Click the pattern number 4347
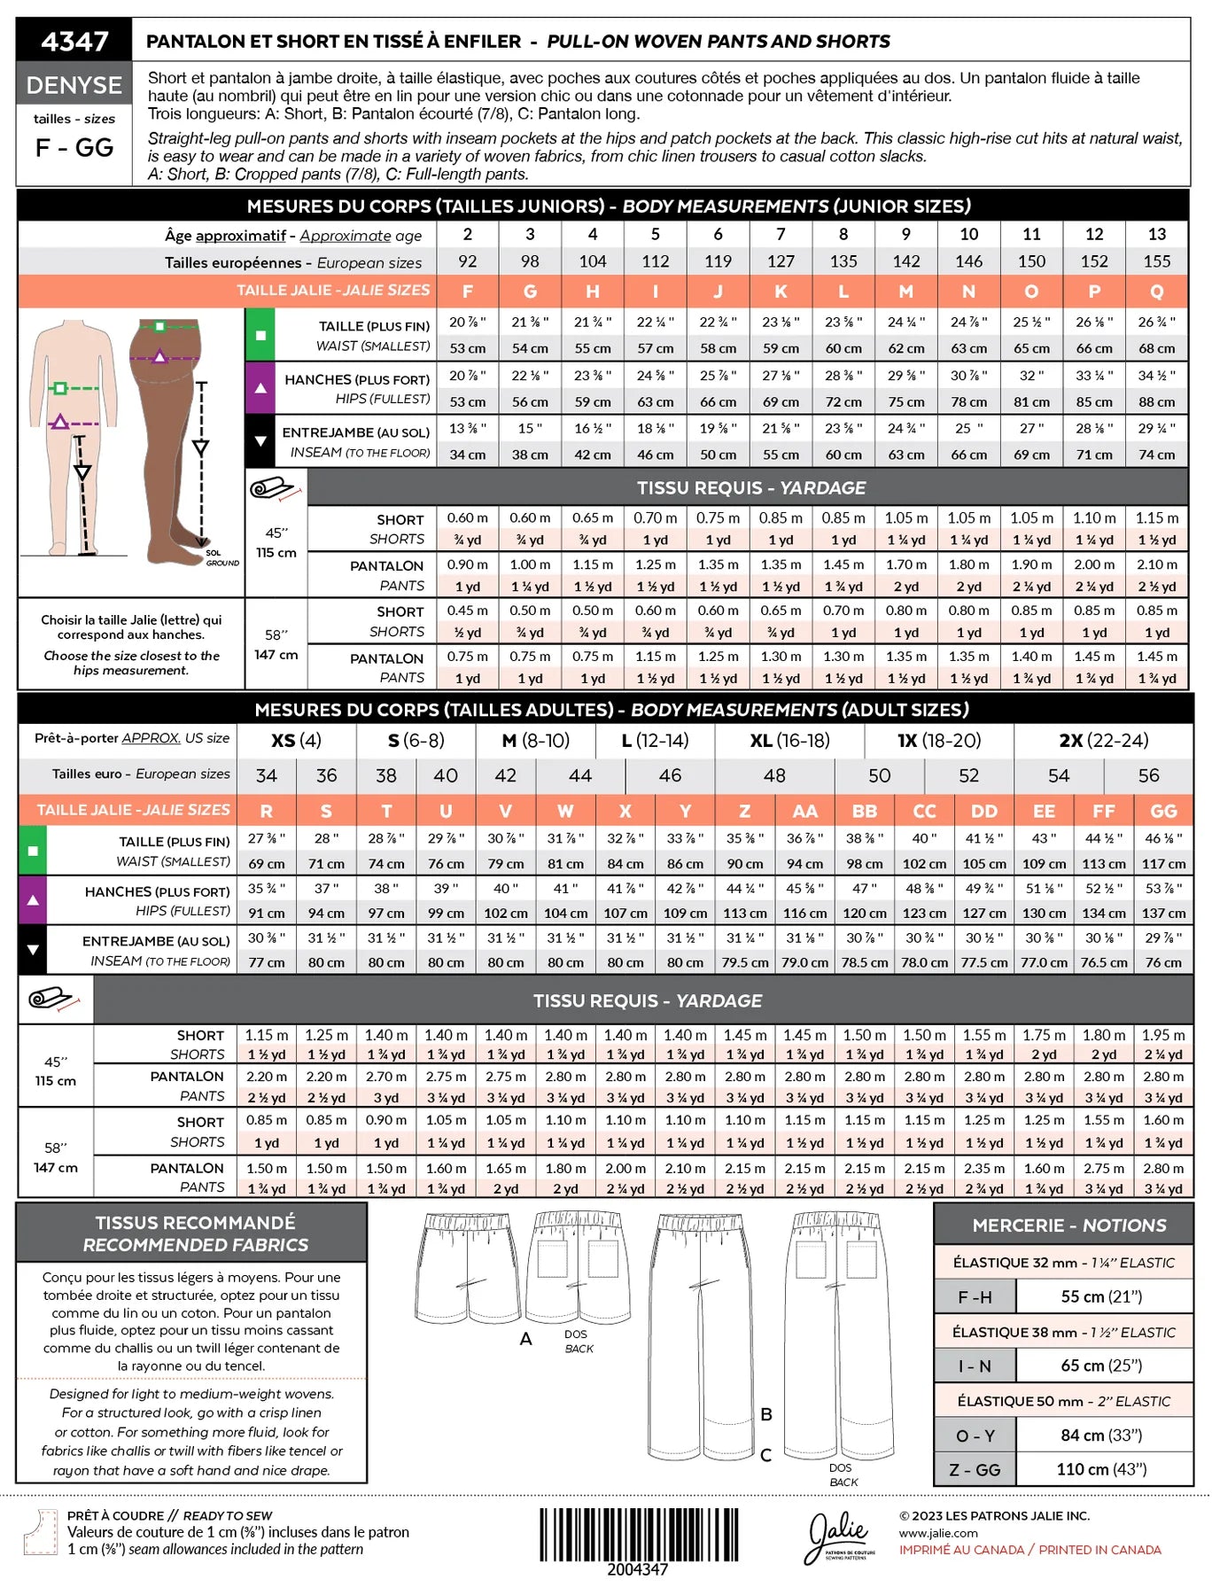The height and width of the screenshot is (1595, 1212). [74, 41]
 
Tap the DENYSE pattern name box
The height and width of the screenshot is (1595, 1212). [74, 85]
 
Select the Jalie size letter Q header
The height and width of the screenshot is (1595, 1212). [1156, 291]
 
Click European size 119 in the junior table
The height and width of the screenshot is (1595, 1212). [718, 261]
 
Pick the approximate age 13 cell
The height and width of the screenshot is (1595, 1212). [1156, 234]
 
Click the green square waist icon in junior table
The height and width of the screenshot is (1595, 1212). [260, 335]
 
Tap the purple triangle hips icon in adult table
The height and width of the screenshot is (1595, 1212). [33, 899]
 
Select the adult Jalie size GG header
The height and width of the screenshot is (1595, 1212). [1162, 811]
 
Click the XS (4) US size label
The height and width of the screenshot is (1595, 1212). [296, 740]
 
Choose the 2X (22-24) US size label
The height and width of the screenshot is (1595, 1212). [1103, 740]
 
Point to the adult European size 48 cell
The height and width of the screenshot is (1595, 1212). [773, 775]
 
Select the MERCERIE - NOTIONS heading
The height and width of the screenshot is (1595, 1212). [1068, 1225]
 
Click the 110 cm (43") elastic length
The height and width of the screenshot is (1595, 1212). [1101, 1469]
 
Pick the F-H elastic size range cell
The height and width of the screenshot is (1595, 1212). [975, 1297]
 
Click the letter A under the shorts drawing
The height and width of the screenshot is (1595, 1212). [525, 1339]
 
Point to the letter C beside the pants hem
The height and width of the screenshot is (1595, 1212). [765, 1454]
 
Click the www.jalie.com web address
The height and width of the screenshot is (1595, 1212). [938, 1533]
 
